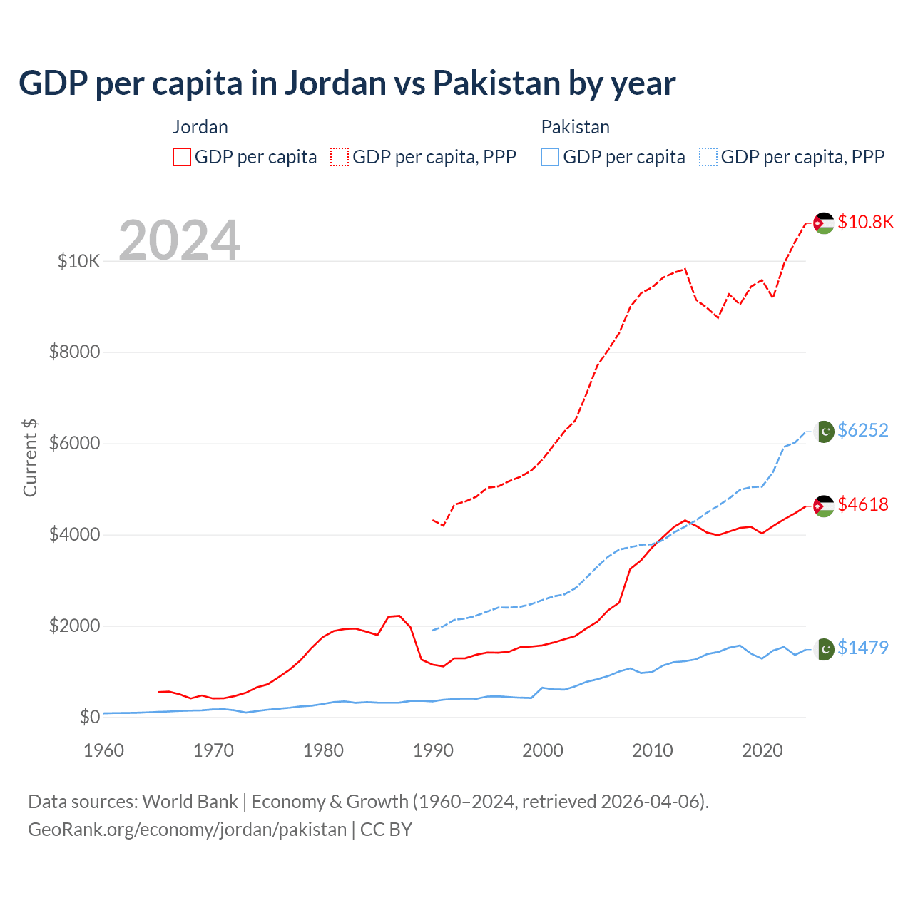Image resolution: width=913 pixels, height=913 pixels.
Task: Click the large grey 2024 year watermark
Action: click(x=179, y=240)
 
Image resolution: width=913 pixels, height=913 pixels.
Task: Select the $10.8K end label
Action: click(x=865, y=222)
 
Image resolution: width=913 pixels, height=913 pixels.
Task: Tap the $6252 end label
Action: click(x=862, y=430)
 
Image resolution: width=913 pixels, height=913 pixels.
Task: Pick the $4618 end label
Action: click(x=862, y=504)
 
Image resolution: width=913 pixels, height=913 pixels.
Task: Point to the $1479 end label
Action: click(x=862, y=648)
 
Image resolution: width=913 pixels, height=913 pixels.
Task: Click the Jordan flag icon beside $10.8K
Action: click(x=824, y=223)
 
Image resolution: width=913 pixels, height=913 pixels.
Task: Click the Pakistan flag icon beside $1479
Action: click(x=825, y=649)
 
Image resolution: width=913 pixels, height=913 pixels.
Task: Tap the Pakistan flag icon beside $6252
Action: click(x=825, y=432)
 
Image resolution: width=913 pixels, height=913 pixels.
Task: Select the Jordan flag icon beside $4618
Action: click(x=824, y=506)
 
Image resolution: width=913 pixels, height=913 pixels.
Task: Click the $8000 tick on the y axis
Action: click(x=74, y=352)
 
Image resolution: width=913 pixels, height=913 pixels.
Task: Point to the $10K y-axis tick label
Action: click(x=78, y=261)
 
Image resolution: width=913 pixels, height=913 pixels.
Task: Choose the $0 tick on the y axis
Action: click(x=89, y=717)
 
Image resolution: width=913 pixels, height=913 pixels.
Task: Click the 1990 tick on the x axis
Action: click(x=433, y=750)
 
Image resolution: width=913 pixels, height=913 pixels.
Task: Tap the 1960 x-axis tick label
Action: click(x=104, y=750)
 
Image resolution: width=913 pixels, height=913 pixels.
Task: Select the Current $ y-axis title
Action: click(x=30, y=458)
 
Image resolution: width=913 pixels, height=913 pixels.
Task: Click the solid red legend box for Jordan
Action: click(x=182, y=157)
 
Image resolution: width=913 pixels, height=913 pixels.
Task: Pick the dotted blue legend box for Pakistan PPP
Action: click(x=708, y=157)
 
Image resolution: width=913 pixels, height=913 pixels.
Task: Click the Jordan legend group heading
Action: click(x=200, y=127)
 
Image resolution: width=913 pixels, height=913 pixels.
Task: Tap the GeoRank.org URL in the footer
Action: click(x=187, y=830)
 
